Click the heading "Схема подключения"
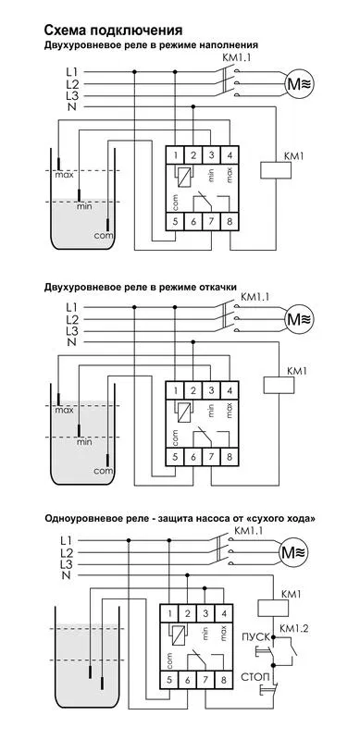[x=113, y=31]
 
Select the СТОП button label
[x=255, y=677]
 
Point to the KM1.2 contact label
[x=294, y=628]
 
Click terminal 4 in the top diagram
[x=230, y=154]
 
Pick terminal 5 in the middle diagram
[x=175, y=457]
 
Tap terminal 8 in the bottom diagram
[x=223, y=680]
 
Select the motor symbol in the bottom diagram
[x=293, y=551]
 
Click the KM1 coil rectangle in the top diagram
[x=277, y=170]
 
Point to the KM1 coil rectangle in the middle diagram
[x=279, y=385]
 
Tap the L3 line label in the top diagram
[x=72, y=96]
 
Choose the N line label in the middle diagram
[x=72, y=342]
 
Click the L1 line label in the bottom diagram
[x=67, y=540]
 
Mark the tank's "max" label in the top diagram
[x=64, y=176]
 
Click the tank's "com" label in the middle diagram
[x=103, y=471]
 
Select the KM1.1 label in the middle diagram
[x=254, y=297]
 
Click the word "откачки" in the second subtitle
[x=219, y=287]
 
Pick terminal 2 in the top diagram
[x=192, y=154]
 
